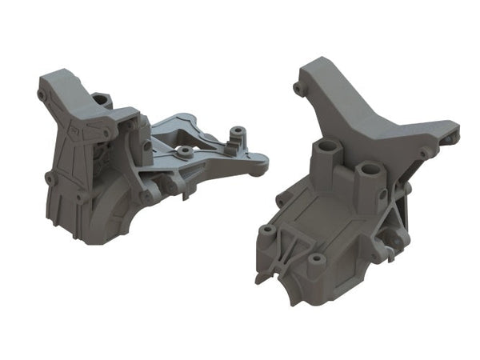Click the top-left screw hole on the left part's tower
click(42, 94)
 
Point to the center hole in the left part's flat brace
click(185, 150)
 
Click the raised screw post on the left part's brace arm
click(237, 131)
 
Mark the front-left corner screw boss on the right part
click(266, 232)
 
